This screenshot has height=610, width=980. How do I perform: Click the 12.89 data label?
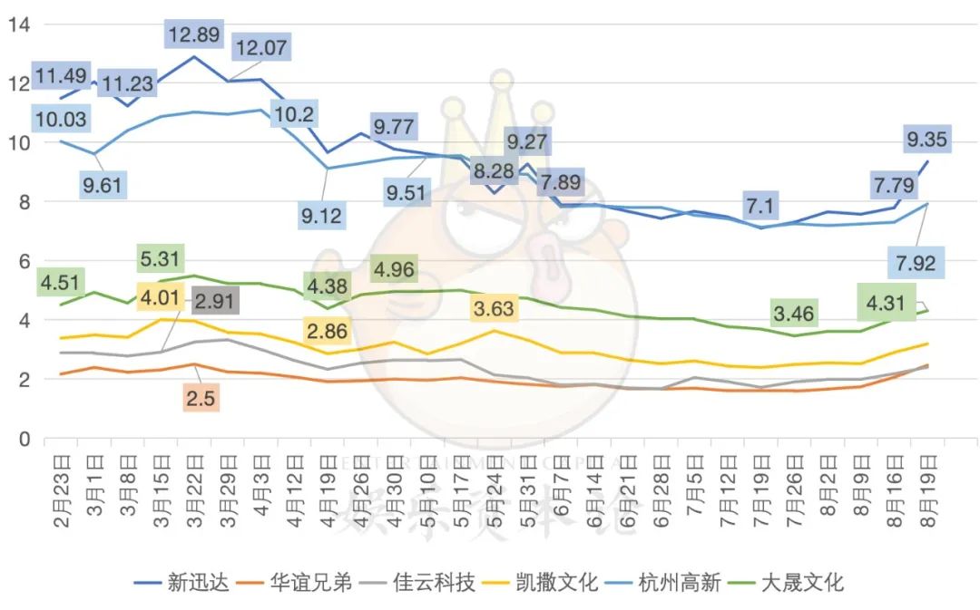(x=194, y=35)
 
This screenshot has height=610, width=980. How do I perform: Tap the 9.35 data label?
(x=927, y=140)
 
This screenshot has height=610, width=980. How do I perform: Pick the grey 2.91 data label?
(x=214, y=298)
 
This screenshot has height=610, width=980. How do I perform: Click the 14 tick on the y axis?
(x=18, y=24)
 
